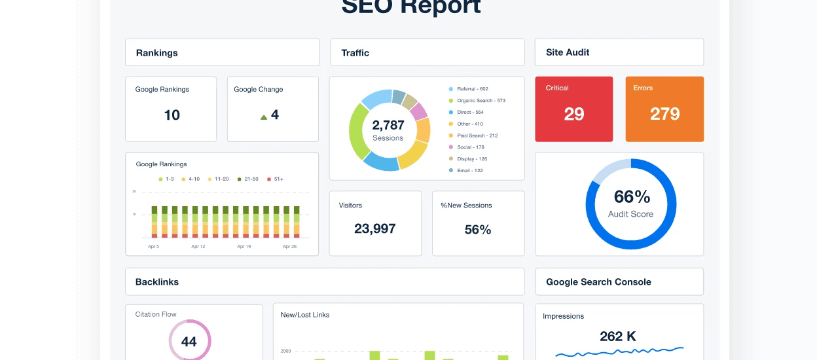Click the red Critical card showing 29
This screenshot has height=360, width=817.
pyautogui.click(x=573, y=109)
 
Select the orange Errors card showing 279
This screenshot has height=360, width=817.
pyautogui.click(x=664, y=109)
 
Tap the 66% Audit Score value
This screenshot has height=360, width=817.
pyautogui.click(x=631, y=196)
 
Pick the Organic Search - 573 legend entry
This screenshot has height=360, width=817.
pyautogui.click(x=480, y=101)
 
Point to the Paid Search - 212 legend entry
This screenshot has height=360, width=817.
pyautogui.click(x=477, y=135)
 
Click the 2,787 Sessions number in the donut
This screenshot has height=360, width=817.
pyautogui.click(x=388, y=125)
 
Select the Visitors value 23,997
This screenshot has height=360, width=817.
pyautogui.click(x=374, y=228)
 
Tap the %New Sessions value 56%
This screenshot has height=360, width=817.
pyautogui.click(x=478, y=229)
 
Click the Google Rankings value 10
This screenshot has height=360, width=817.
pyautogui.click(x=172, y=115)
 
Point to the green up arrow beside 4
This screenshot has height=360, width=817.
pyautogui.click(x=264, y=117)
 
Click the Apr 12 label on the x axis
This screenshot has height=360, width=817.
pyautogui.click(x=198, y=247)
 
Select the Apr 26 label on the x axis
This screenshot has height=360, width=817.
pyautogui.click(x=289, y=247)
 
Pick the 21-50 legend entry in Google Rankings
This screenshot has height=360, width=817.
pyautogui.click(x=248, y=179)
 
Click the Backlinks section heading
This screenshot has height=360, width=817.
pyautogui.click(x=157, y=282)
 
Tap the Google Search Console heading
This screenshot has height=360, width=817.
pyautogui.click(x=598, y=282)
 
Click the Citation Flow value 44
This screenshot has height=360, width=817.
pyautogui.click(x=189, y=342)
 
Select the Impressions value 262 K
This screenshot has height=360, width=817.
pyautogui.click(x=618, y=336)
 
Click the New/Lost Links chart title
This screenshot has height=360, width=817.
pyautogui.click(x=305, y=315)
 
